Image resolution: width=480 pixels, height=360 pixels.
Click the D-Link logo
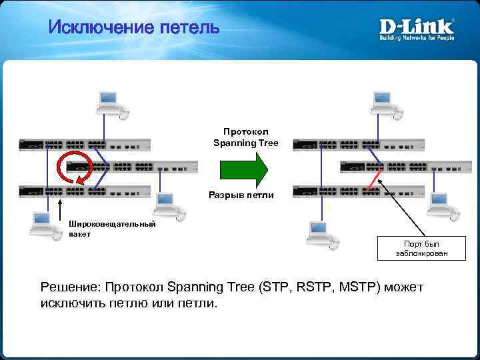point(417,27)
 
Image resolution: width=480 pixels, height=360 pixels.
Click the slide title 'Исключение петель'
point(134,28)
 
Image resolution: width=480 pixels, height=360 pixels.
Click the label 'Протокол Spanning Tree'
point(245,137)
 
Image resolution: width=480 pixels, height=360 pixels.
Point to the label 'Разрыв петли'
point(245,195)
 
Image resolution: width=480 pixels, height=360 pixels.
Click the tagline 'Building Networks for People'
point(417,38)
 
